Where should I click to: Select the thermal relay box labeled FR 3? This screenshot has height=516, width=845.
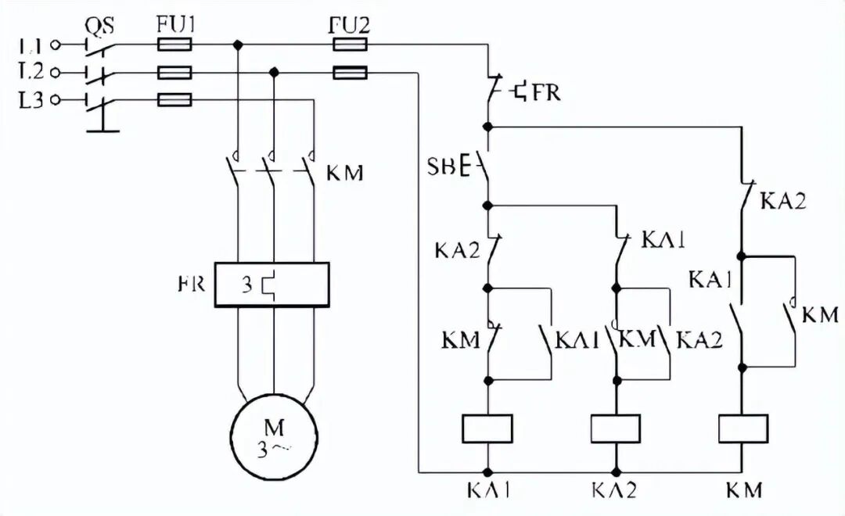(272, 284)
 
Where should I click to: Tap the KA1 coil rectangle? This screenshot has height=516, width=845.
(487, 428)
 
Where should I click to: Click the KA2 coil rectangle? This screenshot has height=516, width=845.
(615, 428)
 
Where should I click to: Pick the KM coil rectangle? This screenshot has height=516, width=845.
(742, 428)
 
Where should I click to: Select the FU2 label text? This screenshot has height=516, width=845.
(350, 25)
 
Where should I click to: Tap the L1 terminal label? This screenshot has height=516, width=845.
(31, 45)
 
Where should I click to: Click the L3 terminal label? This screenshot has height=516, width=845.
(31, 100)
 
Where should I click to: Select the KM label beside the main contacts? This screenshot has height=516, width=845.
(344, 173)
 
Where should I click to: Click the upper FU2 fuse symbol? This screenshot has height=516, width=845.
(350, 45)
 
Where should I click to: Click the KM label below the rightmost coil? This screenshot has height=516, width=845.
(743, 490)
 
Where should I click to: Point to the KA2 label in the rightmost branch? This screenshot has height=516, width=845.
(783, 201)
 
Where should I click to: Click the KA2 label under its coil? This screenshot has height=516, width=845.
(614, 490)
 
